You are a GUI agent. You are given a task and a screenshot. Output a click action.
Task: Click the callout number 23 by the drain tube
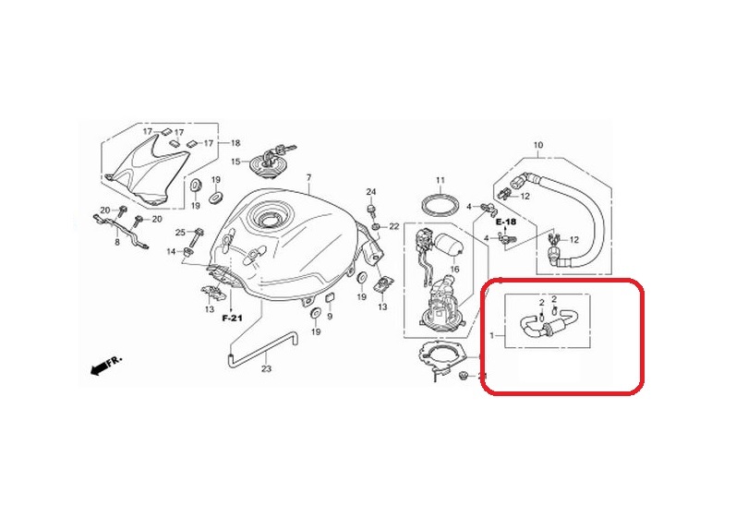tap(266, 369)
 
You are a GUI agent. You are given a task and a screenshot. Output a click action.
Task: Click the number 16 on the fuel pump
tap(453, 269)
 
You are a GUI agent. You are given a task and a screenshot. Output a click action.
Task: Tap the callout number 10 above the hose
tap(538, 145)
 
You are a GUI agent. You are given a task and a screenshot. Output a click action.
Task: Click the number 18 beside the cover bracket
tap(235, 143)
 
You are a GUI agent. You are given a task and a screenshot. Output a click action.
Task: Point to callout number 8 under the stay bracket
tap(117, 242)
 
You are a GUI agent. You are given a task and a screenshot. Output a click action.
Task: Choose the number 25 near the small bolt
tap(181, 232)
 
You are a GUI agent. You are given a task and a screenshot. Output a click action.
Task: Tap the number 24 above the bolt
tap(371, 191)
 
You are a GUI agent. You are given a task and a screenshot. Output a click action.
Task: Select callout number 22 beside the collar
tap(392, 226)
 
